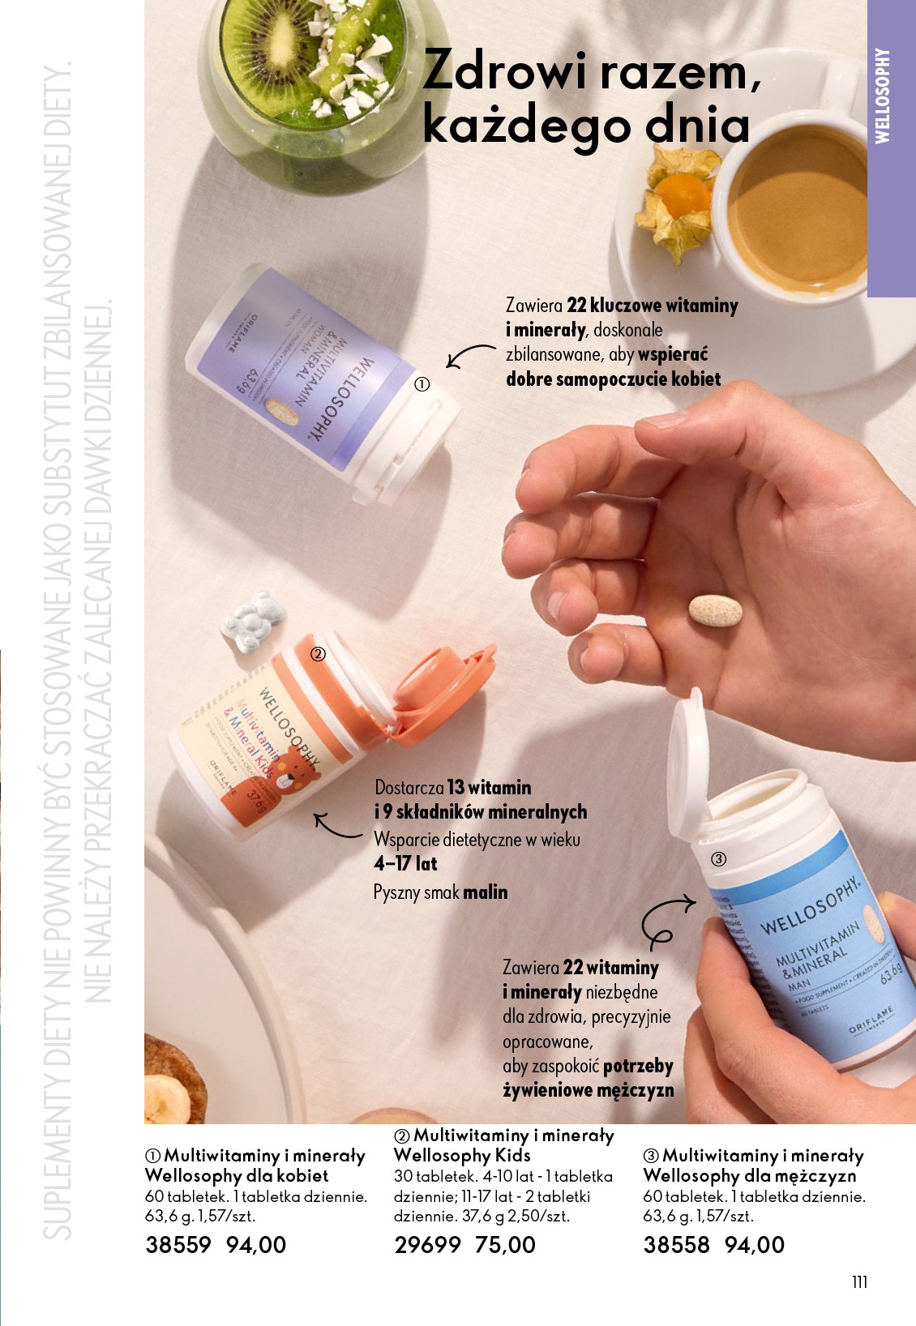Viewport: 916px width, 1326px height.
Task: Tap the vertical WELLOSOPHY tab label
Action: tap(883, 96)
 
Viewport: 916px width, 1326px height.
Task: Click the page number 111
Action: tap(859, 1281)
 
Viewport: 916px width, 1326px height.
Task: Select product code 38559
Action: tap(178, 1245)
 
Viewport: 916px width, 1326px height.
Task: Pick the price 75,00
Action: tap(505, 1245)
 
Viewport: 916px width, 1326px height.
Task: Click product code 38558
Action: tap(676, 1245)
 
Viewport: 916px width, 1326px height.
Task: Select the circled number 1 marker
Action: tap(422, 385)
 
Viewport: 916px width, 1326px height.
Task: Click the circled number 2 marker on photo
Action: tap(318, 653)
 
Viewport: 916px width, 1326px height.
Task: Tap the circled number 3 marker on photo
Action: tap(718, 859)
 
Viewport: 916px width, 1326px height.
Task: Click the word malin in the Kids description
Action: tap(485, 892)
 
